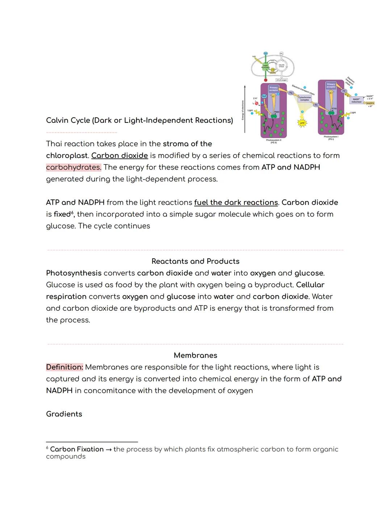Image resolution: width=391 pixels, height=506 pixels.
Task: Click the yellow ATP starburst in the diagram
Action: pyautogui.click(x=302, y=123)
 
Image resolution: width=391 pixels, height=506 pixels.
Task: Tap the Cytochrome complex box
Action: pyautogui.click(x=304, y=99)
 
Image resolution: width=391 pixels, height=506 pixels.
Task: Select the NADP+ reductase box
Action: pyautogui.click(x=356, y=100)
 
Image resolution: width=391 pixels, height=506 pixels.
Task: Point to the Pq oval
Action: pyautogui.click(x=290, y=93)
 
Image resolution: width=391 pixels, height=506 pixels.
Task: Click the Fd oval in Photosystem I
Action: pyautogui.click(x=344, y=91)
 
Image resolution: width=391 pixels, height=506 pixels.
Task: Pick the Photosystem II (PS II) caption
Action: pyautogui.click(x=273, y=141)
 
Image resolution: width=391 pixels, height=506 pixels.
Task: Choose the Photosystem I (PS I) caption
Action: pyautogui.click(x=331, y=138)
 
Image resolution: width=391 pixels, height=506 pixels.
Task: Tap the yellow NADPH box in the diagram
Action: pyautogui.click(x=370, y=103)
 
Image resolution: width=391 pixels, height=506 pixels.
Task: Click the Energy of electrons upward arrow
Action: pyautogui.click(x=245, y=109)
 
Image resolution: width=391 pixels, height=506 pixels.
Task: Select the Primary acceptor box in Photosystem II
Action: pyautogui.click(x=273, y=89)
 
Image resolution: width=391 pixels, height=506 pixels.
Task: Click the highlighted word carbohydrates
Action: pyautogui.click(x=73, y=167)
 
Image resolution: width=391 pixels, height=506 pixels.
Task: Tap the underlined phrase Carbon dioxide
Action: pyautogui.click(x=119, y=156)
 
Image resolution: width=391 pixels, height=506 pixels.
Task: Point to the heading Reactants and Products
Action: pyautogui.click(x=195, y=261)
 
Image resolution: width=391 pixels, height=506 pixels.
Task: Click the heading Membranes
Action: pyautogui.click(x=195, y=355)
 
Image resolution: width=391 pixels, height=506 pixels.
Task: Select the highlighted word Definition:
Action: pyautogui.click(x=64, y=367)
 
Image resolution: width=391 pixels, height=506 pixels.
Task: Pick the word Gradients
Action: pyautogui.click(x=64, y=414)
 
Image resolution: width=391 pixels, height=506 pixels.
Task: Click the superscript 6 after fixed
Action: pyautogui.click(x=73, y=212)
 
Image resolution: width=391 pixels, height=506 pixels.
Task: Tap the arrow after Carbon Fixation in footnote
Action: pyautogui.click(x=109, y=449)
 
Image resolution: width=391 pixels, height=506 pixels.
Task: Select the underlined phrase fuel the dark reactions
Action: pyautogui.click(x=236, y=202)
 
